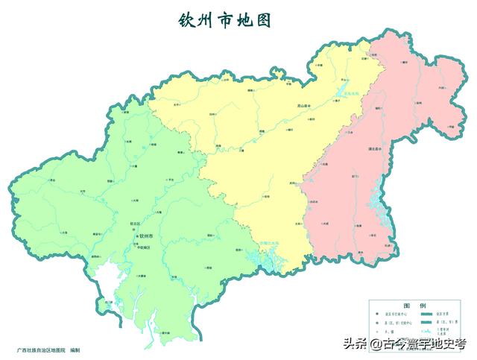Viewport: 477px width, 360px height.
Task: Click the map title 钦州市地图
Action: coord(224,19)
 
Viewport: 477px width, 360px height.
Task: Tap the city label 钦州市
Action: coord(146,236)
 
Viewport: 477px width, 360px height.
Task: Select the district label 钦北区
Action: coord(134,221)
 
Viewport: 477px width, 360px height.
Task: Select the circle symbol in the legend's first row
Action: coord(379,315)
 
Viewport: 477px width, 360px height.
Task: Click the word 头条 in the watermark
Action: coord(356,344)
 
